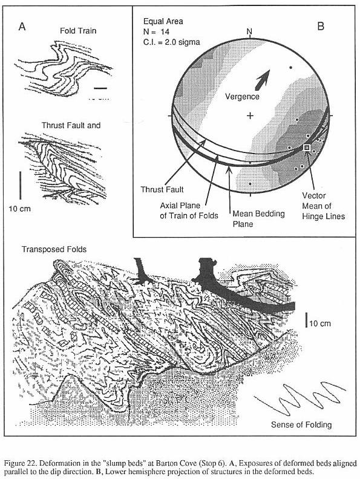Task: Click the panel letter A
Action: tap(22, 27)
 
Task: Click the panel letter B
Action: tap(321, 26)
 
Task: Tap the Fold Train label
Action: tap(78, 31)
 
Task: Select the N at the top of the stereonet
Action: tap(249, 31)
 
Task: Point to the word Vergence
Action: tap(242, 97)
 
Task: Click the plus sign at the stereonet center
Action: tap(250, 116)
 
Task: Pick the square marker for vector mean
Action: tap(307, 148)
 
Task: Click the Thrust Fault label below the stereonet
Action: tap(162, 190)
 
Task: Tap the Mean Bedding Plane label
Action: tap(258, 219)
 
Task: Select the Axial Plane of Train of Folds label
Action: tap(189, 211)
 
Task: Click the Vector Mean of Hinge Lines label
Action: tap(323, 206)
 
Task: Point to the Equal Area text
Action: tap(163, 21)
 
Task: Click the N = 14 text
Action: tap(156, 32)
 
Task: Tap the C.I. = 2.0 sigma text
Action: tap(171, 42)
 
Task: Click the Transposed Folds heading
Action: tap(54, 250)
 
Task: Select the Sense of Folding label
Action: tap(301, 425)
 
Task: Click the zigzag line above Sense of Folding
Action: tap(299, 399)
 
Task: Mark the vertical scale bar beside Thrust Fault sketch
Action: tap(21, 185)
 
